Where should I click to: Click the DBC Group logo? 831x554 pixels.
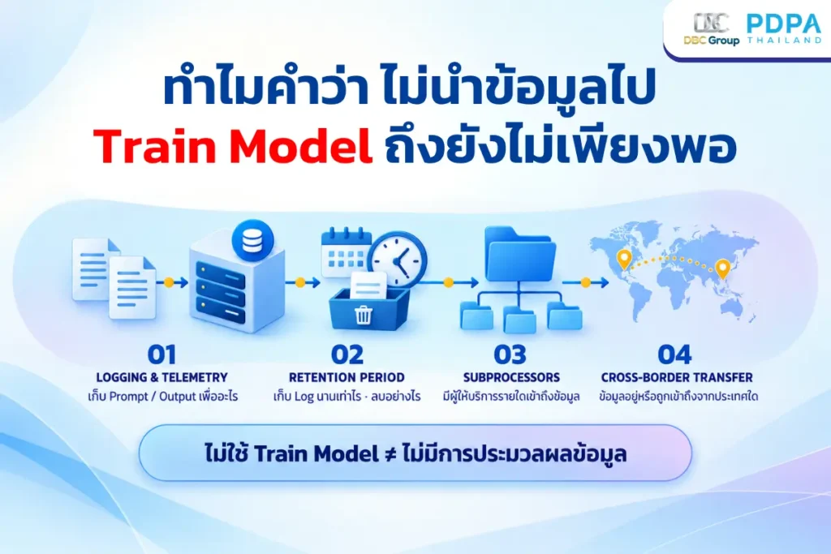coord(711,29)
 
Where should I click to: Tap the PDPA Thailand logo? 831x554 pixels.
coord(784,28)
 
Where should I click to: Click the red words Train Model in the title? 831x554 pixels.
coord(233,146)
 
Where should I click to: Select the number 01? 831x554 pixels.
coord(161,354)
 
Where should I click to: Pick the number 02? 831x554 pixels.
coord(347,354)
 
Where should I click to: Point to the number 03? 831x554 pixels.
coord(510,354)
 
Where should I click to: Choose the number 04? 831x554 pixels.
coord(674,354)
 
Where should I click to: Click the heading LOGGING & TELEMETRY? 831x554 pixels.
coord(161,378)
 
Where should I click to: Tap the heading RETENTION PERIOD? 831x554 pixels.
coord(347,378)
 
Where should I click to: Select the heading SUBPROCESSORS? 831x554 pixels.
coord(511,378)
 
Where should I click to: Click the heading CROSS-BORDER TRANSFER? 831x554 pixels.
coord(677,378)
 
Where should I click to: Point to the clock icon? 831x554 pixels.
coord(398,260)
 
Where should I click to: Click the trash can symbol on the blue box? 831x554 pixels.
coord(364,315)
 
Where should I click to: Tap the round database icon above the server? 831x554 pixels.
coord(253,241)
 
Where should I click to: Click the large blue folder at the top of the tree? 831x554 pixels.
coord(520,253)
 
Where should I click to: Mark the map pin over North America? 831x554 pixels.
coord(624,260)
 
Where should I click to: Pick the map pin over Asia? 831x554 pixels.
coord(722,269)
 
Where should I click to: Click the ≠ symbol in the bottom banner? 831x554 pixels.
coord(390,454)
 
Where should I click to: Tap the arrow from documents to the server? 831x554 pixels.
coord(175,282)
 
